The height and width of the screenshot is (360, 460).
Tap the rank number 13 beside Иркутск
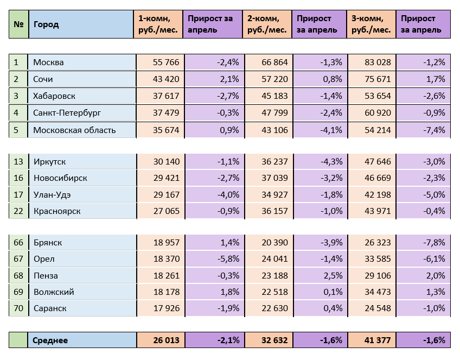[x=18, y=161]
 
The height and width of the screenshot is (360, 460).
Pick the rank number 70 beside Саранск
[x=18, y=308]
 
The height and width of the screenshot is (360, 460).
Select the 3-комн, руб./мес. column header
[x=371, y=24]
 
